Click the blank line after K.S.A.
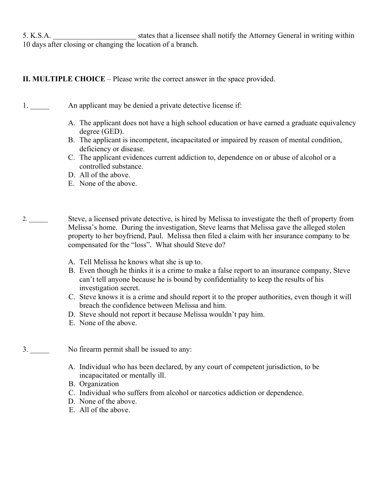(x=94, y=36)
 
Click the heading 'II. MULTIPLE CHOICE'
(x=64, y=79)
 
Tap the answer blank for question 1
(x=40, y=106)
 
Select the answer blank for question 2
(x=39, y=220)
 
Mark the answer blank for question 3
(x=40, y=350)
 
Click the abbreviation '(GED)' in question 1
(x=113, y=131)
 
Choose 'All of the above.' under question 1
(x=105, y=175)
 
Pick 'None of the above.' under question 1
(x=108, y=183)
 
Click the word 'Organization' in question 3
(x=99, y=384)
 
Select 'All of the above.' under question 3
(x=105, y=410)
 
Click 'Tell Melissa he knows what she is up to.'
(x=141, y=262)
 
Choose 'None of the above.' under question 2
(x=108, y=323)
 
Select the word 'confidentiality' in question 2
(x=226, y=279)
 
